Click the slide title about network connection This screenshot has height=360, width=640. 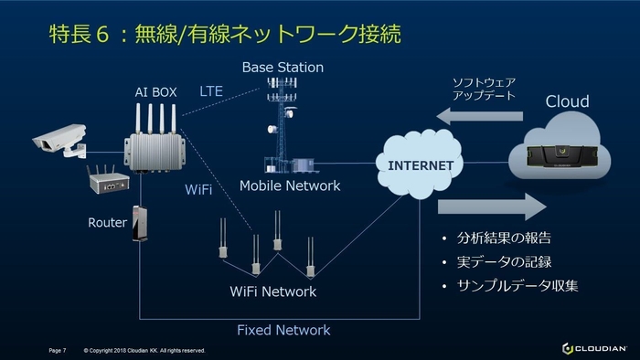tap(224, 34)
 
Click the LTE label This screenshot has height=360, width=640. tap(211, 91)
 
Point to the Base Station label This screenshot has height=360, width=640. tap(283, 68)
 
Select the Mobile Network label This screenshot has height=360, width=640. tap(289, 185)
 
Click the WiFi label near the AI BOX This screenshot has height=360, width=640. tap(198, 189)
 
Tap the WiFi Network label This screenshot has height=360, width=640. tap(273, 291)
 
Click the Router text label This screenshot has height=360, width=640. tap(107, 222)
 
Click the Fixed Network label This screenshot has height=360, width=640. tap(283, 330)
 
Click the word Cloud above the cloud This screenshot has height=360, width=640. tap(567, 101)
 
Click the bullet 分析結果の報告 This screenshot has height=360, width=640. tap(504, 238)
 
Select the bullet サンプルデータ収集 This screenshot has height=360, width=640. tap(517, 286)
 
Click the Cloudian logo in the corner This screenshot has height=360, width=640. tap(593, 348)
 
